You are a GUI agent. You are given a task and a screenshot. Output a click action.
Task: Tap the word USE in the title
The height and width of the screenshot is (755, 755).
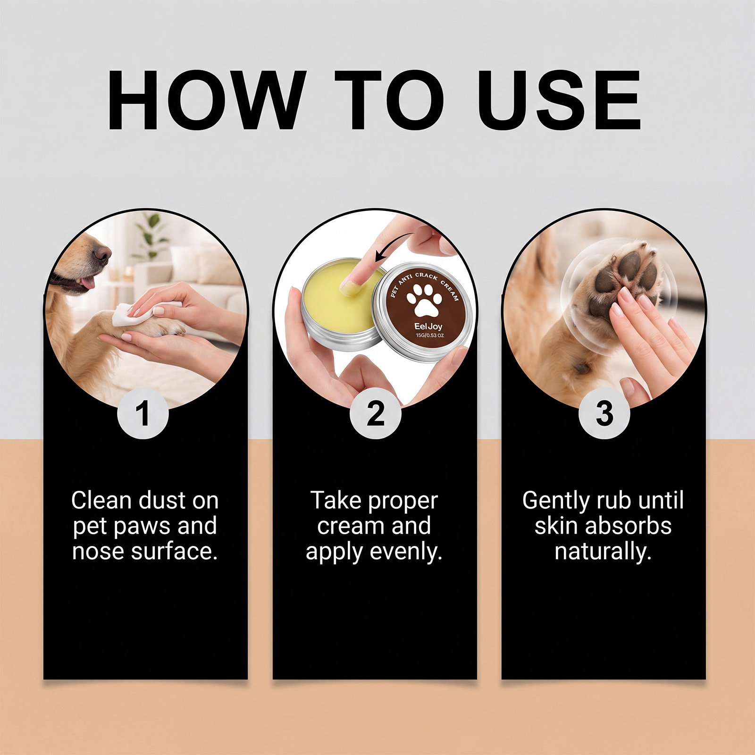pos(559,100)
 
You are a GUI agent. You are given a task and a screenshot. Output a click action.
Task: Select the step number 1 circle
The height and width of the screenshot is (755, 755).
pos(143,413)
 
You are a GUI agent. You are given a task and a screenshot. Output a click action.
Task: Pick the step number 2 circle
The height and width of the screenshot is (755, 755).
pos(375,413)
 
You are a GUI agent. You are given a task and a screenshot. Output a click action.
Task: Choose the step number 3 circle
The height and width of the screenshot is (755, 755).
pos(604,413)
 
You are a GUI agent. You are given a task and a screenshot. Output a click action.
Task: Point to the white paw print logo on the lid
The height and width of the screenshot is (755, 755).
pos(424,300)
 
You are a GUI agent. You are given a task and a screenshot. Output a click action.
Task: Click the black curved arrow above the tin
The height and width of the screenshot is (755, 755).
pos(394,245)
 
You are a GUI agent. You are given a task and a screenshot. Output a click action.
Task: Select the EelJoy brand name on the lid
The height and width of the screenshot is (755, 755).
pos(428,326)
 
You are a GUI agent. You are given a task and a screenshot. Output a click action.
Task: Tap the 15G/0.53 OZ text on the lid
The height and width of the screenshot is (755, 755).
pos(429,336)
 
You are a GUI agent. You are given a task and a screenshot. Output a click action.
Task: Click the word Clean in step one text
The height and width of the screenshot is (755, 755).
pos(101,500)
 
